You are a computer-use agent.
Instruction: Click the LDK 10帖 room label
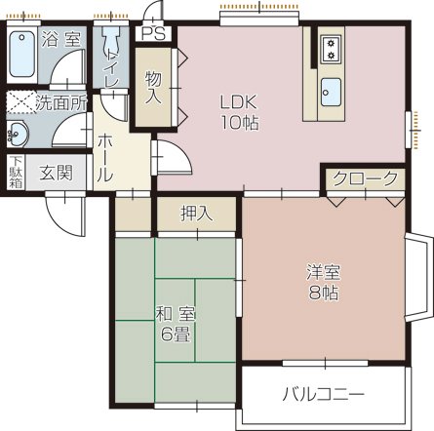(237, 111)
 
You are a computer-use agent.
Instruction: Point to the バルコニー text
(324, 395)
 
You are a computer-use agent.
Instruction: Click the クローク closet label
(365, 179)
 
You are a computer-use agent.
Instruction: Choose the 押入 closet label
(196, 213)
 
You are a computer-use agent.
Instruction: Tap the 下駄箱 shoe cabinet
(16, 172)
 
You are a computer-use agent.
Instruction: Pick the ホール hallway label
(103, 158)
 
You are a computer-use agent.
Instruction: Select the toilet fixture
(110, 46)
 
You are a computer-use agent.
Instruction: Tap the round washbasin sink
(19, 133)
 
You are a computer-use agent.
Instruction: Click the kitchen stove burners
(331, 46)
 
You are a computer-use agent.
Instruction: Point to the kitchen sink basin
(332, 91)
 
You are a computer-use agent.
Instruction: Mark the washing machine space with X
(20, 100)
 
